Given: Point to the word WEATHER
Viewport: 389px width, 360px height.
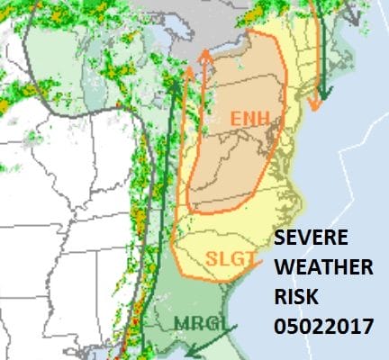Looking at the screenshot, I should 322,269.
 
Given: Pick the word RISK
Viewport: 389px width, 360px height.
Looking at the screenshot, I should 297,298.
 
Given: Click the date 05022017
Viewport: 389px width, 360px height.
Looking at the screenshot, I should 323,327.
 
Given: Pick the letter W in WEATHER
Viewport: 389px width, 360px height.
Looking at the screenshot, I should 285,269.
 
